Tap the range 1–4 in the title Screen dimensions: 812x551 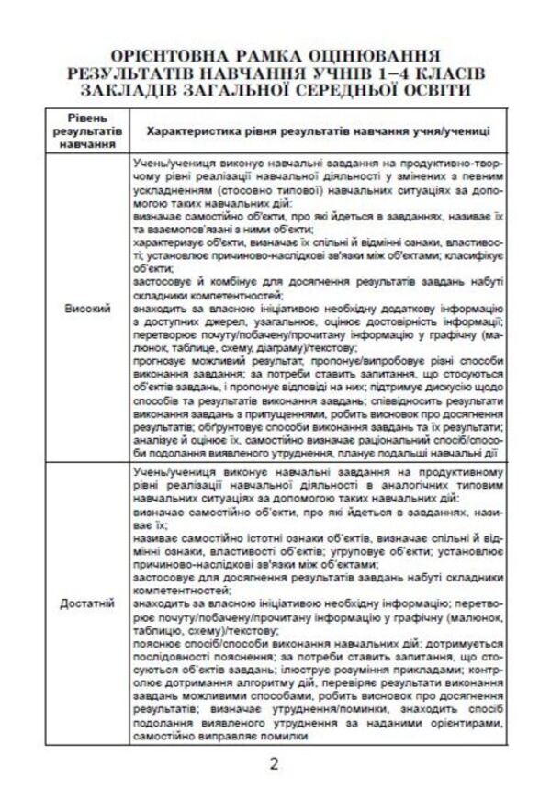pyautogui.click(x=391, y=72)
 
